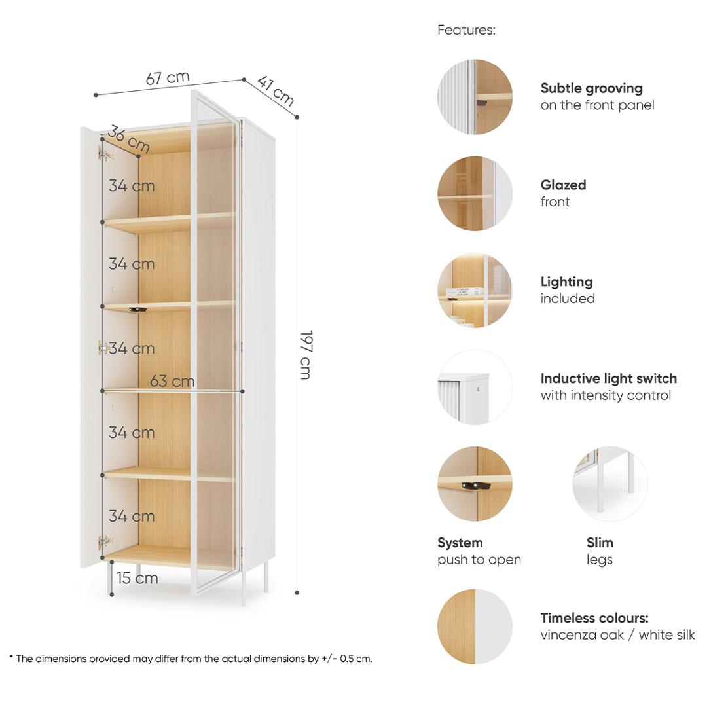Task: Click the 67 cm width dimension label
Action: (168, 77)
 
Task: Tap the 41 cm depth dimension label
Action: (276, 90)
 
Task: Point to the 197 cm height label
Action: (306, 355)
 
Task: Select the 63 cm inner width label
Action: (172, 381)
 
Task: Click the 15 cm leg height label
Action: (137, 578)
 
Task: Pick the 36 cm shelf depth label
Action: (128, 138)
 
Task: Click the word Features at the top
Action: (466, 30)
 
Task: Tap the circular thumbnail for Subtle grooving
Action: (475, 97)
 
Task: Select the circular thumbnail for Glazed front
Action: (475, 193)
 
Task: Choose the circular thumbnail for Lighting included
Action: (475, 290)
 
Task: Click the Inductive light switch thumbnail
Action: (475, 387)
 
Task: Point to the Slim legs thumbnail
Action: (610, 484)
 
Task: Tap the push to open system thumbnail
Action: (475, 484)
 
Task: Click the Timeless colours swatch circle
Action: (475, 627)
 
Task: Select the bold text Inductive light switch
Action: (608, 378)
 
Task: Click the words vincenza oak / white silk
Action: (617, 634)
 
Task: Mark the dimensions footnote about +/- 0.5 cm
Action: (191, 659)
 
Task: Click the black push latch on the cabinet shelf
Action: (137, 309)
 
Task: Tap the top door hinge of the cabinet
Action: (105, 154)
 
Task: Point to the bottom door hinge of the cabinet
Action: (105, 542)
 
